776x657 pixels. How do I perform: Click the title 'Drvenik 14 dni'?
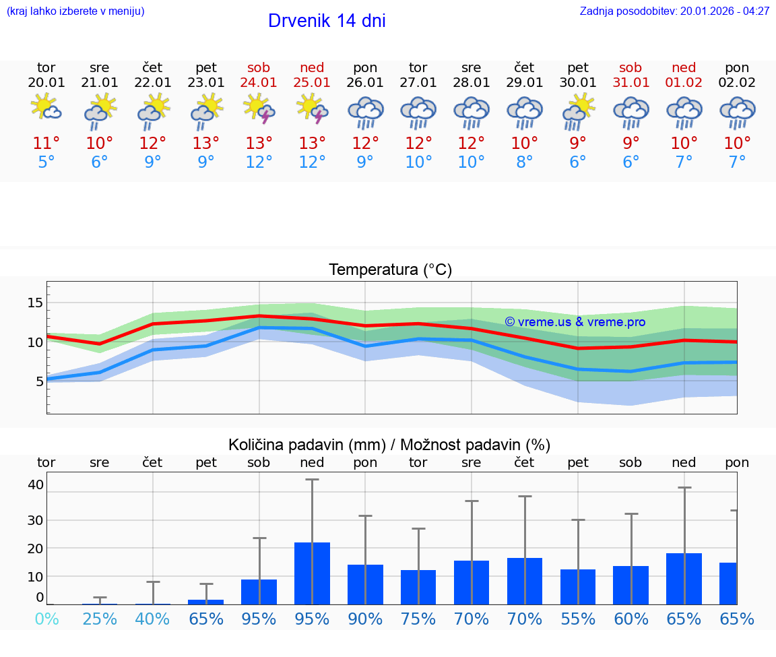tap(327, 21)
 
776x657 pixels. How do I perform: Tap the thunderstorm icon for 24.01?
tap(259, 109)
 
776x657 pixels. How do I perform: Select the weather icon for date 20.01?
tap(46, 108)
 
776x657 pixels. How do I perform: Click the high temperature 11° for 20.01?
tap(46, 143)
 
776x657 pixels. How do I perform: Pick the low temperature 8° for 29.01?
tap(525, 162)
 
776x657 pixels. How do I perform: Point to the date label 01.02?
tap(684, 83)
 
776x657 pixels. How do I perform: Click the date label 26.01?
tap(365, 83)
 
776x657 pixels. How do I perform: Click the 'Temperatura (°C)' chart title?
tap(390, 270)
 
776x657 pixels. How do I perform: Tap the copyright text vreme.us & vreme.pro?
tap(575, 322)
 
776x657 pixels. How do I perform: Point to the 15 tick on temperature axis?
tap(35, 303)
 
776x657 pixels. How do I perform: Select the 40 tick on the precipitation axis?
tap(36, 484)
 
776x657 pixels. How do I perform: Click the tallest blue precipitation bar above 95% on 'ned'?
tap(312, 573)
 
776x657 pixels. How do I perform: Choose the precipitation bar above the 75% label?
tap(418, 587)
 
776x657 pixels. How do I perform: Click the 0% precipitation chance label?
tap(46, 619)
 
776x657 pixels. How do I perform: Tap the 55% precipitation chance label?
tap(578, 619)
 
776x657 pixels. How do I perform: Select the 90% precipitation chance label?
tap(365, 619)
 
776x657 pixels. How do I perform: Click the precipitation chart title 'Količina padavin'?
tap(389, 445)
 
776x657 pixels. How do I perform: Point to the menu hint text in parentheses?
tap(75, 11)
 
